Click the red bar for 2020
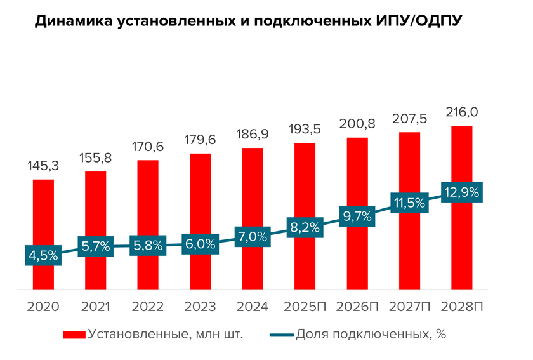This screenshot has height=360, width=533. click(x=43, y=216)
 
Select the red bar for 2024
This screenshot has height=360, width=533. click(x=253, y=190)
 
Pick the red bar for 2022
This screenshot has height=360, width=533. click(x=148, y=203)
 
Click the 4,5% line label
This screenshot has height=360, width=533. click(x=43, y=256)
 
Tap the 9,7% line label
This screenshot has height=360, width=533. click(x=357, y=216)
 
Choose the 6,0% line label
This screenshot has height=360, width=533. click(x=201, y=243)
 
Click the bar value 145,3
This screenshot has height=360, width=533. click(x=43, y=166)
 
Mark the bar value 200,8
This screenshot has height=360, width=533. click(x=357, y=124)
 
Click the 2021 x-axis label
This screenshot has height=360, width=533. click(x=95, y=307)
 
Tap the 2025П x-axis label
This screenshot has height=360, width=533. click(x=305, y=307)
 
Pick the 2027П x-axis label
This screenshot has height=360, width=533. click(x=409, y=307)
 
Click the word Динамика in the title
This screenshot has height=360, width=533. click(x=72, y=22)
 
